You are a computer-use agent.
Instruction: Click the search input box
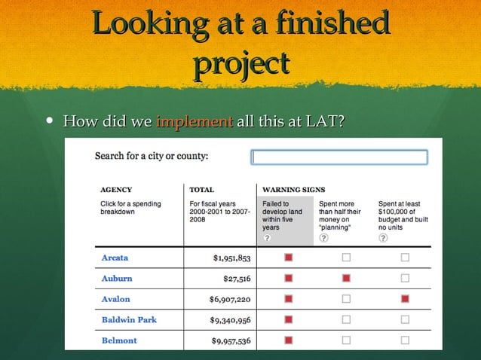[339, 157]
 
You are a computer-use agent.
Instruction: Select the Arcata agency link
[115, 258]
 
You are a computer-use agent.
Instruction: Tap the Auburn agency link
[117, 278]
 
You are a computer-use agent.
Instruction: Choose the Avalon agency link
[115, 299]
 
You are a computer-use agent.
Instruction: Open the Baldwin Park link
[129, 320]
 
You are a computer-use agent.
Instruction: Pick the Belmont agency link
[119, 340]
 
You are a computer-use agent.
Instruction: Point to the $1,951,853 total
[231, 258]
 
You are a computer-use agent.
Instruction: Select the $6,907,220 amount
[230, 299]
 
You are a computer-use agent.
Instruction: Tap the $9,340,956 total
[230, 320]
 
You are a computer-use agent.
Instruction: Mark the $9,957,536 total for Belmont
[230, 341]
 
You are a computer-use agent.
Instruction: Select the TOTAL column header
[202, 190]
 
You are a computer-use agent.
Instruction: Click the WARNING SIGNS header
[293, 190]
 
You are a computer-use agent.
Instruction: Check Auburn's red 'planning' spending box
[346, 279]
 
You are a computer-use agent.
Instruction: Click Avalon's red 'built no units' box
[405, 299]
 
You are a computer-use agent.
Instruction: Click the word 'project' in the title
[241, 63]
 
